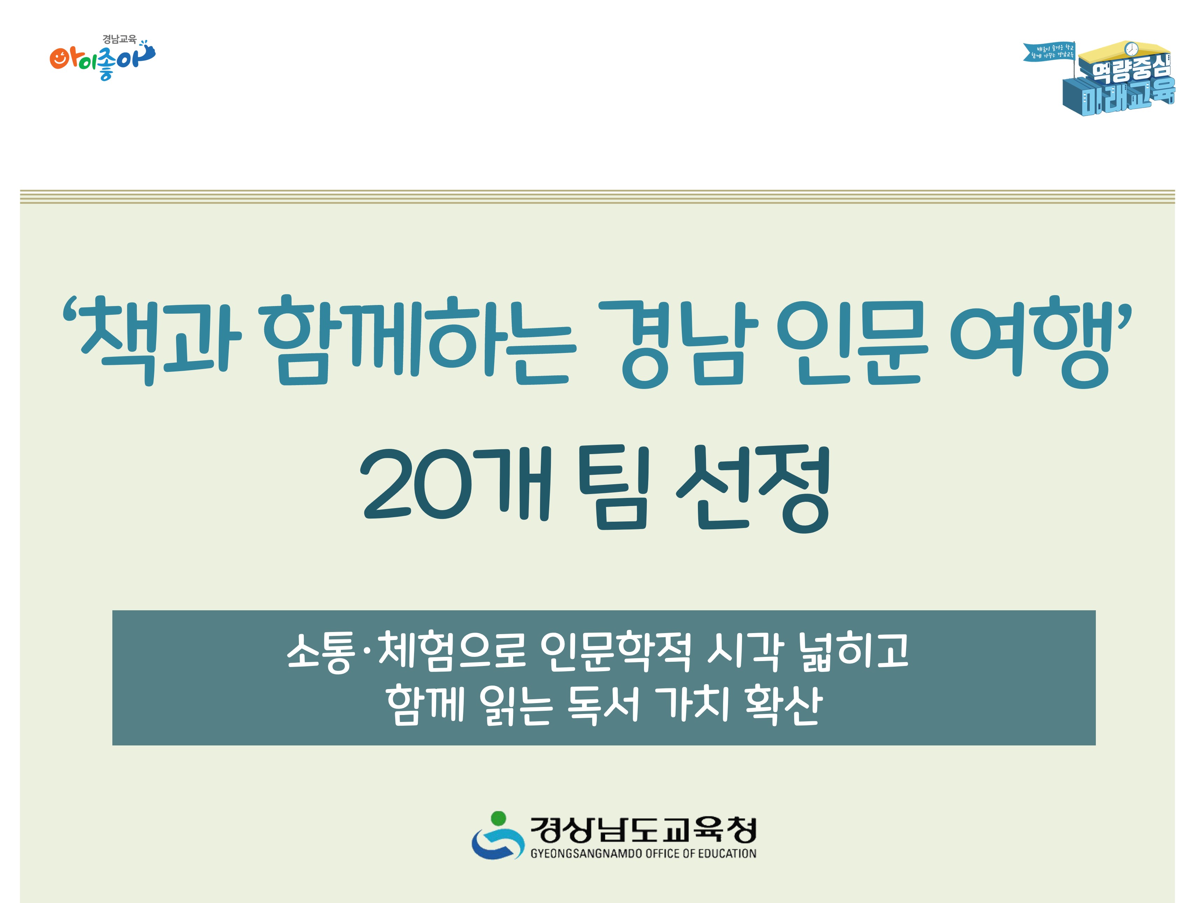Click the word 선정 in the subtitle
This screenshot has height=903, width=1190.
754,487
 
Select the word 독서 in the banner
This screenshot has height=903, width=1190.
603,705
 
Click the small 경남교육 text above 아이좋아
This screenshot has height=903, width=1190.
119,39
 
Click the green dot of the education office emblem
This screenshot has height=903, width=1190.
499,818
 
